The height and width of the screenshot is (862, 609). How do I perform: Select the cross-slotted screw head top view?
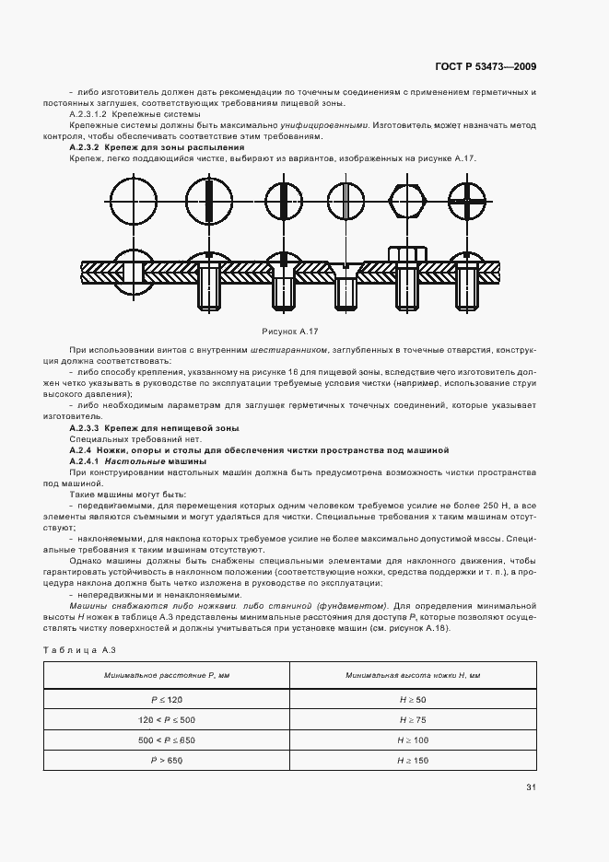coord(467,200)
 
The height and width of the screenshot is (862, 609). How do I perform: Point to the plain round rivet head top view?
coord(135,200)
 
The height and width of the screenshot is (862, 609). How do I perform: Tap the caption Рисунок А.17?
coord(289,330)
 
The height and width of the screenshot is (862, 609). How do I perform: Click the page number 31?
coord(531,786)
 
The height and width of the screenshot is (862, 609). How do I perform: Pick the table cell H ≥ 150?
coord(413,760)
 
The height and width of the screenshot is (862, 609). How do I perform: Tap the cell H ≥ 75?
coord(413,720)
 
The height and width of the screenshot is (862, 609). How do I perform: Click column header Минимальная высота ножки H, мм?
coord(413,675)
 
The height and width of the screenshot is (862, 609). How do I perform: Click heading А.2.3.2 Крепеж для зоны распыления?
coord(157,147)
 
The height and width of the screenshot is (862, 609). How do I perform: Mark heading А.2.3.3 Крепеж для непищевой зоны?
coord(155,428)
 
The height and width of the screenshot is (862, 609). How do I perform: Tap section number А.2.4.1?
coord(84,460)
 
